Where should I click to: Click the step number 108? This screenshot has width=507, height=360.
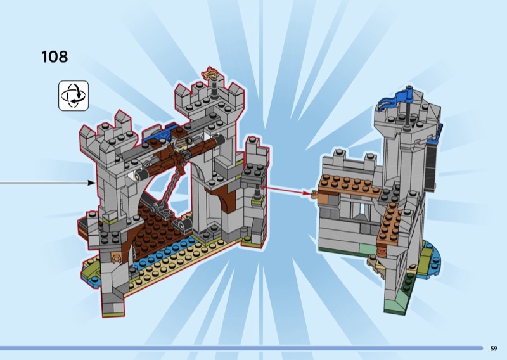(x=55, y=56)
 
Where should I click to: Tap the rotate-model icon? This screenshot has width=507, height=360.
(x=74, y=96)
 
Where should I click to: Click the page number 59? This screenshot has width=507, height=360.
(x=494, y=349)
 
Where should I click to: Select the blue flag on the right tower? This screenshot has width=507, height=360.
(x=395, y=100)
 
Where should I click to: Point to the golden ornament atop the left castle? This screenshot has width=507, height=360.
(x=210, y=73)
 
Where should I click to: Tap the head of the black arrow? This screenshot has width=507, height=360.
(x=92, y=183)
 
